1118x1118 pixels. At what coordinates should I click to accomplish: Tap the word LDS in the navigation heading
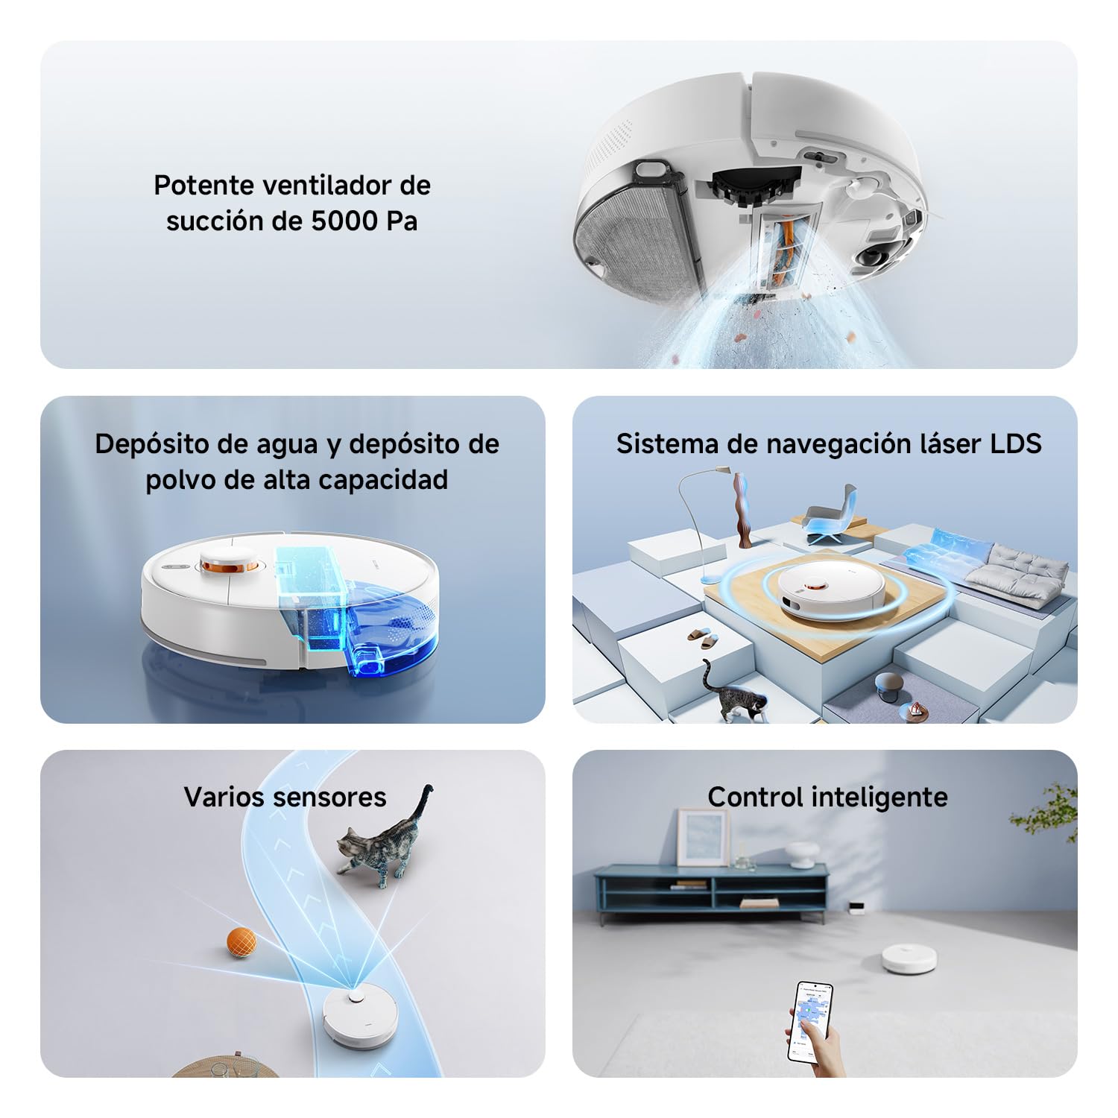pos(1015,443)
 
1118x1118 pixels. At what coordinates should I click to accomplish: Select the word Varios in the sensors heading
pos(223,797)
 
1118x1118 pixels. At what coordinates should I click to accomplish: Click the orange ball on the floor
pos(241,943)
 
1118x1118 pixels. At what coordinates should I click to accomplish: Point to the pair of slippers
pos(701,637)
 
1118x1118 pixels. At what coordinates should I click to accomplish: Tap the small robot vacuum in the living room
pos(909,958)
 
